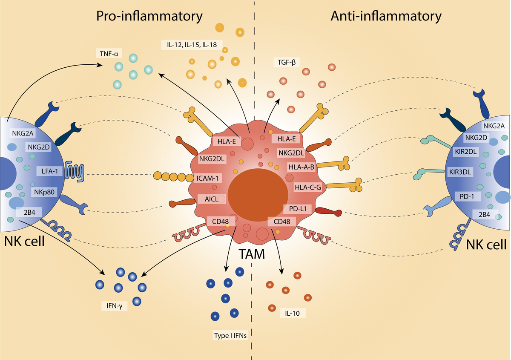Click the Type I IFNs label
coord(230,335)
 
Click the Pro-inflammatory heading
coord(149,17)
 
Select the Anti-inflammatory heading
coord(386,17)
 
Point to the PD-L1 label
coord(298,209)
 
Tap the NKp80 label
coord(44,191)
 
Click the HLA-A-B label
coord(301,167)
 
